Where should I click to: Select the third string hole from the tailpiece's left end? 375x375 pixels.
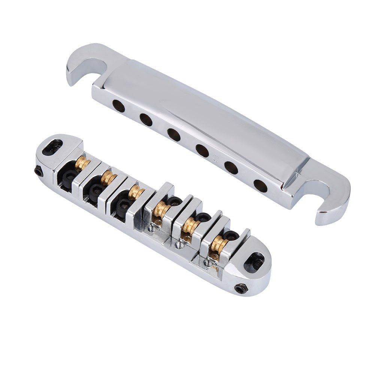tap(174, 134)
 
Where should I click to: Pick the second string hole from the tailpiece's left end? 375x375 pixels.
tap(146, 120)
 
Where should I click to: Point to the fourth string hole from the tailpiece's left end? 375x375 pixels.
tap(202, 151)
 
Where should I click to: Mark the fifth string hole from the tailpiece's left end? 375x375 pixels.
tap(232, 168)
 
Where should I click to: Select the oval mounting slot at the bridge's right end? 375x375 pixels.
tap(254, 261)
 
